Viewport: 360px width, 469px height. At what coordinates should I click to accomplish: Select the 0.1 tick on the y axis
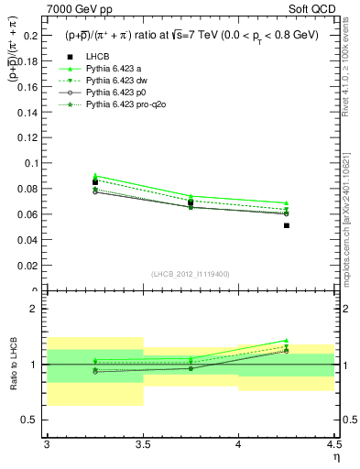[x=33, y=163]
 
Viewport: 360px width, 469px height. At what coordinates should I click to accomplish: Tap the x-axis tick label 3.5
[x=143, y=443]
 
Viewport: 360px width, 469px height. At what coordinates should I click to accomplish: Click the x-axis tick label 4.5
[x=333, y=443]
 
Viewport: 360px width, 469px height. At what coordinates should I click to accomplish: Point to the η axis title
[x=336, y=455]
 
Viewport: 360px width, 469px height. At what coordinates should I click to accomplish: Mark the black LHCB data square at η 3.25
[x=95, y=182]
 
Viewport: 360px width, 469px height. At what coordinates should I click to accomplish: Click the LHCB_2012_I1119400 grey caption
[x=191, y=274]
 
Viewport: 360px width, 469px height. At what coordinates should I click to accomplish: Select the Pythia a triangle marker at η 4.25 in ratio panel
[x=287, y=340]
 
